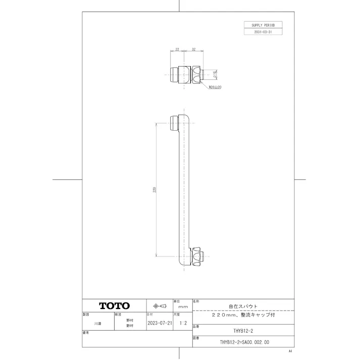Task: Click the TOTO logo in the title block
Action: [x=114, y=305]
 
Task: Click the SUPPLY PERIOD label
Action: [x=263, y=24]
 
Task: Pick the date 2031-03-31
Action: [x=263, y=31]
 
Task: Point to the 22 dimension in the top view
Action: [x=177, y=49]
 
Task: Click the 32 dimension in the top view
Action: [x=194, y=49]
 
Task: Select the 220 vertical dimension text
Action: [x=155, y=190]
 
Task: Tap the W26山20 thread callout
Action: [x=216, y=87]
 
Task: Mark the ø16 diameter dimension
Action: [x=215, y=74]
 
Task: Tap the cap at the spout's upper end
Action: [x=174, y=122]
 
